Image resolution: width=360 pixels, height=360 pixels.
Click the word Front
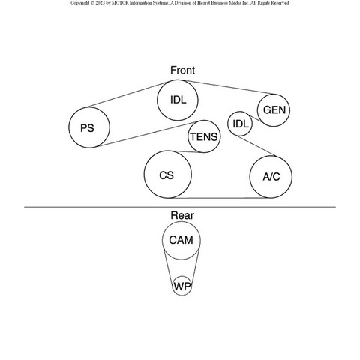(x=182, y=70)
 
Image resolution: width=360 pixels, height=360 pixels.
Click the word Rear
(x=182, y=215)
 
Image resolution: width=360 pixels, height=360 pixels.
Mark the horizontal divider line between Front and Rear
(x=180, y=207)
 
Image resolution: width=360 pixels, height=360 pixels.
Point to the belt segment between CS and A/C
(x=220, y=198)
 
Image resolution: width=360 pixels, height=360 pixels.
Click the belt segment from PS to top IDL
(x=128, y=94)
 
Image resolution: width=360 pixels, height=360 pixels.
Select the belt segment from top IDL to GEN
(x=229, y=87)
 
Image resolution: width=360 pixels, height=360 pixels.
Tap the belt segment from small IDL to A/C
(x=257, y=146)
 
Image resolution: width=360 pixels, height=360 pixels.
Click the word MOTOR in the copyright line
(x=120, y=3)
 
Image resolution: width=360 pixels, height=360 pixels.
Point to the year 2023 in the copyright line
(x=100, y=3)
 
